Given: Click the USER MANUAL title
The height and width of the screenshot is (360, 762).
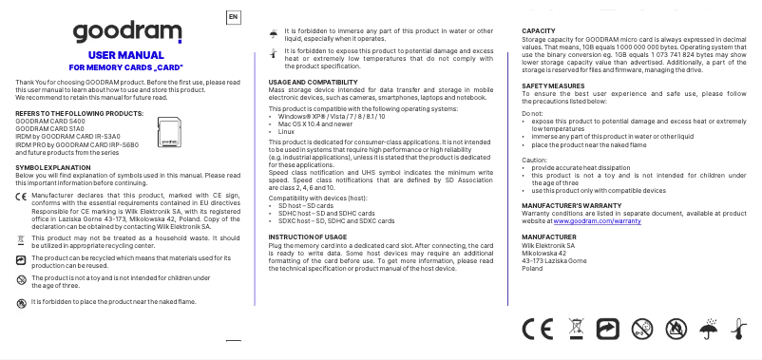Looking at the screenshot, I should [132, 56].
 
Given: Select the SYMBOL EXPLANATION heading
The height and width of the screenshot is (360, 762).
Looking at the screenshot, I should [53, 166].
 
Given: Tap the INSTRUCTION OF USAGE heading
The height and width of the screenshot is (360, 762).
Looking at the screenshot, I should [308, 235].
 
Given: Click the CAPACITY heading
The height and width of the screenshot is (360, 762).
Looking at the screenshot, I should [539, 31].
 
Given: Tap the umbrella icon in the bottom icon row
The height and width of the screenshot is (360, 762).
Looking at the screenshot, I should [707, 329].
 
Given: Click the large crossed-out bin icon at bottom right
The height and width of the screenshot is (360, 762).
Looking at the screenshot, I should [574, 329].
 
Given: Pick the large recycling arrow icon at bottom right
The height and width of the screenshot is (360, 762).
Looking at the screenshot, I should [606, 329].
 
